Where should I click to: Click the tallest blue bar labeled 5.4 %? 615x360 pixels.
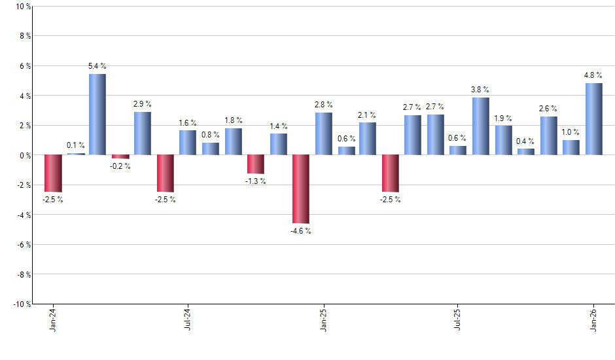click(97, 115)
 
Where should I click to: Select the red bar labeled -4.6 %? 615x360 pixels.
click(300, 189)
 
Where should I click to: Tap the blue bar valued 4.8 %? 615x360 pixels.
click(593, 119)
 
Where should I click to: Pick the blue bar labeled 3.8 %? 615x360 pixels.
click(481, 126)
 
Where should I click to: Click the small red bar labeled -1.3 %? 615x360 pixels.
click(255, 164)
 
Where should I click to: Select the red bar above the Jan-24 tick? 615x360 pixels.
click(53, 173)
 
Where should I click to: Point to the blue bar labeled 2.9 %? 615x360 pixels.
click(143, 134)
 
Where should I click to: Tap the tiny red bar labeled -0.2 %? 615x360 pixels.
click(120, 156)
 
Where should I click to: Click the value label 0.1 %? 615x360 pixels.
click(76, 145)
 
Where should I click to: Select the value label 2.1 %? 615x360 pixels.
click(368, 115)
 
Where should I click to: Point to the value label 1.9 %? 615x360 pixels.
click(503, 118)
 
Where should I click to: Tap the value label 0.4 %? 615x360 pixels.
click(526, 141)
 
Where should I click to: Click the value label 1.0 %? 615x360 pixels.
click(571, 132)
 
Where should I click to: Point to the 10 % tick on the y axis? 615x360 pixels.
click(22, 7)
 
